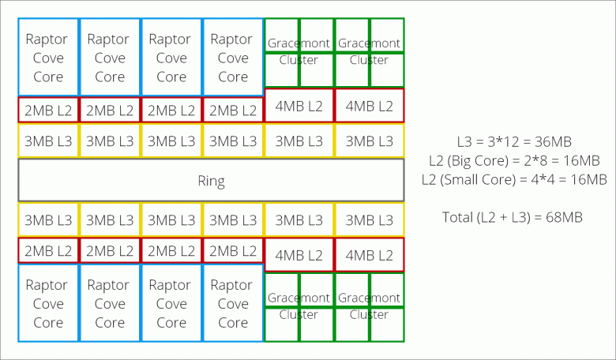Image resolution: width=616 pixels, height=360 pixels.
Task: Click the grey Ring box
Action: point(211,181)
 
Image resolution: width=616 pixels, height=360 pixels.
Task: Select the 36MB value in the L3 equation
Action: point(552,142)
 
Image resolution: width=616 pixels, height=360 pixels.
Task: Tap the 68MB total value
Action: point(565,216)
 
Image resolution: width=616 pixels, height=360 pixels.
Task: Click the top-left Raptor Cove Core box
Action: point(48,58)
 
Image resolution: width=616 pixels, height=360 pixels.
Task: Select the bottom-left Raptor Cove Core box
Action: point(48,303)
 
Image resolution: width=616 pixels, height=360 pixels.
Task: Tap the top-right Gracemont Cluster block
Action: point(369,52)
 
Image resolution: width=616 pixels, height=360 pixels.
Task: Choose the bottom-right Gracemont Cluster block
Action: point(369,307)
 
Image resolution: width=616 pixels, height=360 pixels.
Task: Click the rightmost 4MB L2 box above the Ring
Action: point(369,106)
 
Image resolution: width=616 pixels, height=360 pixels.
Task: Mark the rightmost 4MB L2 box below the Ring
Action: point(369,255)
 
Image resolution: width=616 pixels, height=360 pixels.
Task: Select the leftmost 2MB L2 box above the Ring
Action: point(48,110)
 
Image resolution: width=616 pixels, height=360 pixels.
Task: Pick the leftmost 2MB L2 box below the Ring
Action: point(48,251)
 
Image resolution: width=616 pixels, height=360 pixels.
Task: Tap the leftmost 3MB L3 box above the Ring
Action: point(48,141)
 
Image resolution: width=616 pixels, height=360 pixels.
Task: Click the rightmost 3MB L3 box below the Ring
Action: point(369,219)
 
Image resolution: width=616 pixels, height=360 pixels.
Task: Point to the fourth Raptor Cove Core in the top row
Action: point(233,58)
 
